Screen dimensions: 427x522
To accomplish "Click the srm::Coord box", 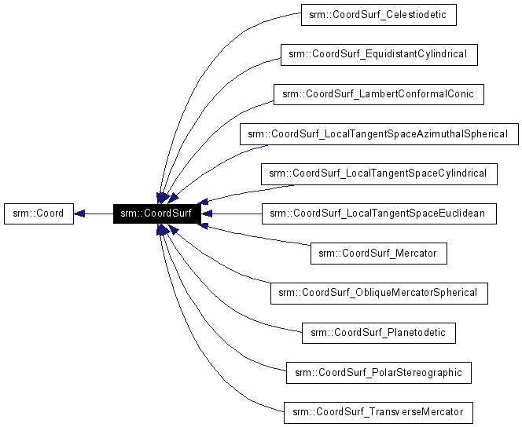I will pyautogui.click(x=39, y=213).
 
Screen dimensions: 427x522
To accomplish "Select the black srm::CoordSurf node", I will pyautogui.click(x=156, y=213).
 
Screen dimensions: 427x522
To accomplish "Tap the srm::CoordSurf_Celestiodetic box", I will pyautogui.click(x=378, y=14).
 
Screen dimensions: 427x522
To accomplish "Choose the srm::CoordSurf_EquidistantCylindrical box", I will pyautogui.click(x=378, y=54).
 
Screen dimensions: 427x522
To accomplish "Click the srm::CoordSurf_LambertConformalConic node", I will pyautogui.click(x=378, y=94).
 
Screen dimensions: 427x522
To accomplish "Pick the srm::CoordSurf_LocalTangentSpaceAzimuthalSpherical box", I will pyautogui.click(x=378, y=133).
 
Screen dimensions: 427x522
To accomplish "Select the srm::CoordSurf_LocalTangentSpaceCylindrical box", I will pyautogui.click(x=378, y=173).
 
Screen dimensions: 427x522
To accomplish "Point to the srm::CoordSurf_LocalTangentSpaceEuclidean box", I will pyautogui.click(x=378, y=213).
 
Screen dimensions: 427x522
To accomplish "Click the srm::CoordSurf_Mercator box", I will pyautogui.click(x=378, y=253).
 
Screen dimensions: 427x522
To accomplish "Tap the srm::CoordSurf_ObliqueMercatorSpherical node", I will pyautogui.click(x=378, y=293).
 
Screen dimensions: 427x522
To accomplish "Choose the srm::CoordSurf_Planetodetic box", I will pyautogui.click(x=378, y=332).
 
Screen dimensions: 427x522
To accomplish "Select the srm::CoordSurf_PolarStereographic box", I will pyautogui.click(x=378, y=372).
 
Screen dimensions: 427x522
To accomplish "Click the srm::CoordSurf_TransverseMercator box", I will pyautogui.click(x=378, y=411).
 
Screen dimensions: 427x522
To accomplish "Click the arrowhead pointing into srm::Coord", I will pyautogui.click(x=80, y=213).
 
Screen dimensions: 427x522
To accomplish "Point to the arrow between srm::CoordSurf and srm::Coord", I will pyautogui.click(x=94, y=213).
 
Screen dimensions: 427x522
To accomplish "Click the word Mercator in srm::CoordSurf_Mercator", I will pyautogui.click(x=419, y=253).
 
